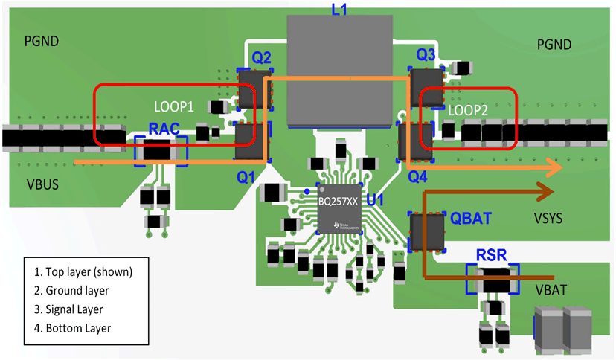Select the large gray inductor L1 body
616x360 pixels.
click(339, 71)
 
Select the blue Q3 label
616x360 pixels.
click(426, 54)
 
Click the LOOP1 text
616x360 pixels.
click(173, 106)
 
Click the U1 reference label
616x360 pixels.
click(375, 199)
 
